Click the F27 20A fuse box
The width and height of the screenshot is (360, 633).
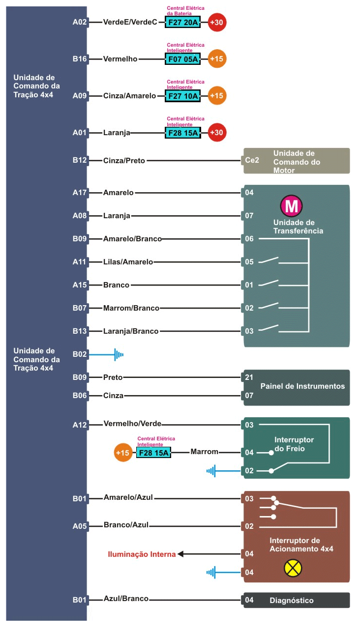[182, 22]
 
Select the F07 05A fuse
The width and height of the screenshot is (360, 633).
[182, 59]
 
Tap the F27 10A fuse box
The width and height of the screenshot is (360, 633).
[182, 96]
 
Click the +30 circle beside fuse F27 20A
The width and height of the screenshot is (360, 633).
[217, 22]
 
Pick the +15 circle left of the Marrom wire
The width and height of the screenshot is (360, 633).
[123, 453]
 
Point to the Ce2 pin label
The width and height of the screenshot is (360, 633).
[252, 160]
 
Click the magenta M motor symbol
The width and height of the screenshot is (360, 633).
[291, 206]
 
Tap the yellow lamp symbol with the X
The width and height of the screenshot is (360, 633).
[293, 568]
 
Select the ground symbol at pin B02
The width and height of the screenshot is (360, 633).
[119, 354]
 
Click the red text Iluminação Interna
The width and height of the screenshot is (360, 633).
[142, 554]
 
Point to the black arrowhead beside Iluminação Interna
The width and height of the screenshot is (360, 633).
[180, 554]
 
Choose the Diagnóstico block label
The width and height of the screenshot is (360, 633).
[292, 600]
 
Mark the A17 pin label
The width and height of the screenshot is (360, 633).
[80, 193]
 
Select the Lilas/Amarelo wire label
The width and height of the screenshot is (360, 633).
[128, 261]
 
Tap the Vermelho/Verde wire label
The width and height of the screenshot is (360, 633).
[132, 423]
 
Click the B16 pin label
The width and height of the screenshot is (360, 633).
[80, 59]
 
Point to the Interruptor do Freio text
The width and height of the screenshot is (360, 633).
[294, 444]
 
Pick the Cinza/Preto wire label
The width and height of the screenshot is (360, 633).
[124, 161]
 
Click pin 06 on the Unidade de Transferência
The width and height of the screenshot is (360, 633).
[249, 239]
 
